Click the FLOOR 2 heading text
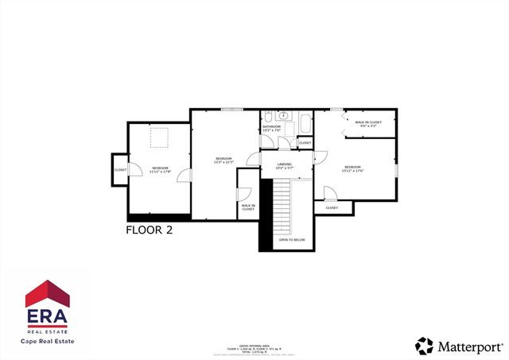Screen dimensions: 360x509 tap(150, 230)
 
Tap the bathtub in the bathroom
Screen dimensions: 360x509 tap(305, 125)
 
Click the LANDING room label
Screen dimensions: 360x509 tap(285, 166)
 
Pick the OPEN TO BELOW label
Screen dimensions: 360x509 tap(291, 239)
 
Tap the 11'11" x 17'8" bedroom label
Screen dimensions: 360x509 tap(161, 169)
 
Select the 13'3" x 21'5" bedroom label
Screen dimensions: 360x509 tap(223, 161)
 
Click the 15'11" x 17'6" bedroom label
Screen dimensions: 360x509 tap(352, 168)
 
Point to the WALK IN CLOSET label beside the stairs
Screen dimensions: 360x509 tap(248, 207)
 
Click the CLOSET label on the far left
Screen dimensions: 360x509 tap(120, 170)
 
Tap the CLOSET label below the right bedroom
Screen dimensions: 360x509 tap(332, 208)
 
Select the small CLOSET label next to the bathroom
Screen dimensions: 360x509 tap(305, 143)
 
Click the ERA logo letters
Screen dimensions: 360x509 tap(48, 315)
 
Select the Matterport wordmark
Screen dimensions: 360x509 tap(470, 346)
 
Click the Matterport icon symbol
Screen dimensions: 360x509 tap(424, 346)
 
